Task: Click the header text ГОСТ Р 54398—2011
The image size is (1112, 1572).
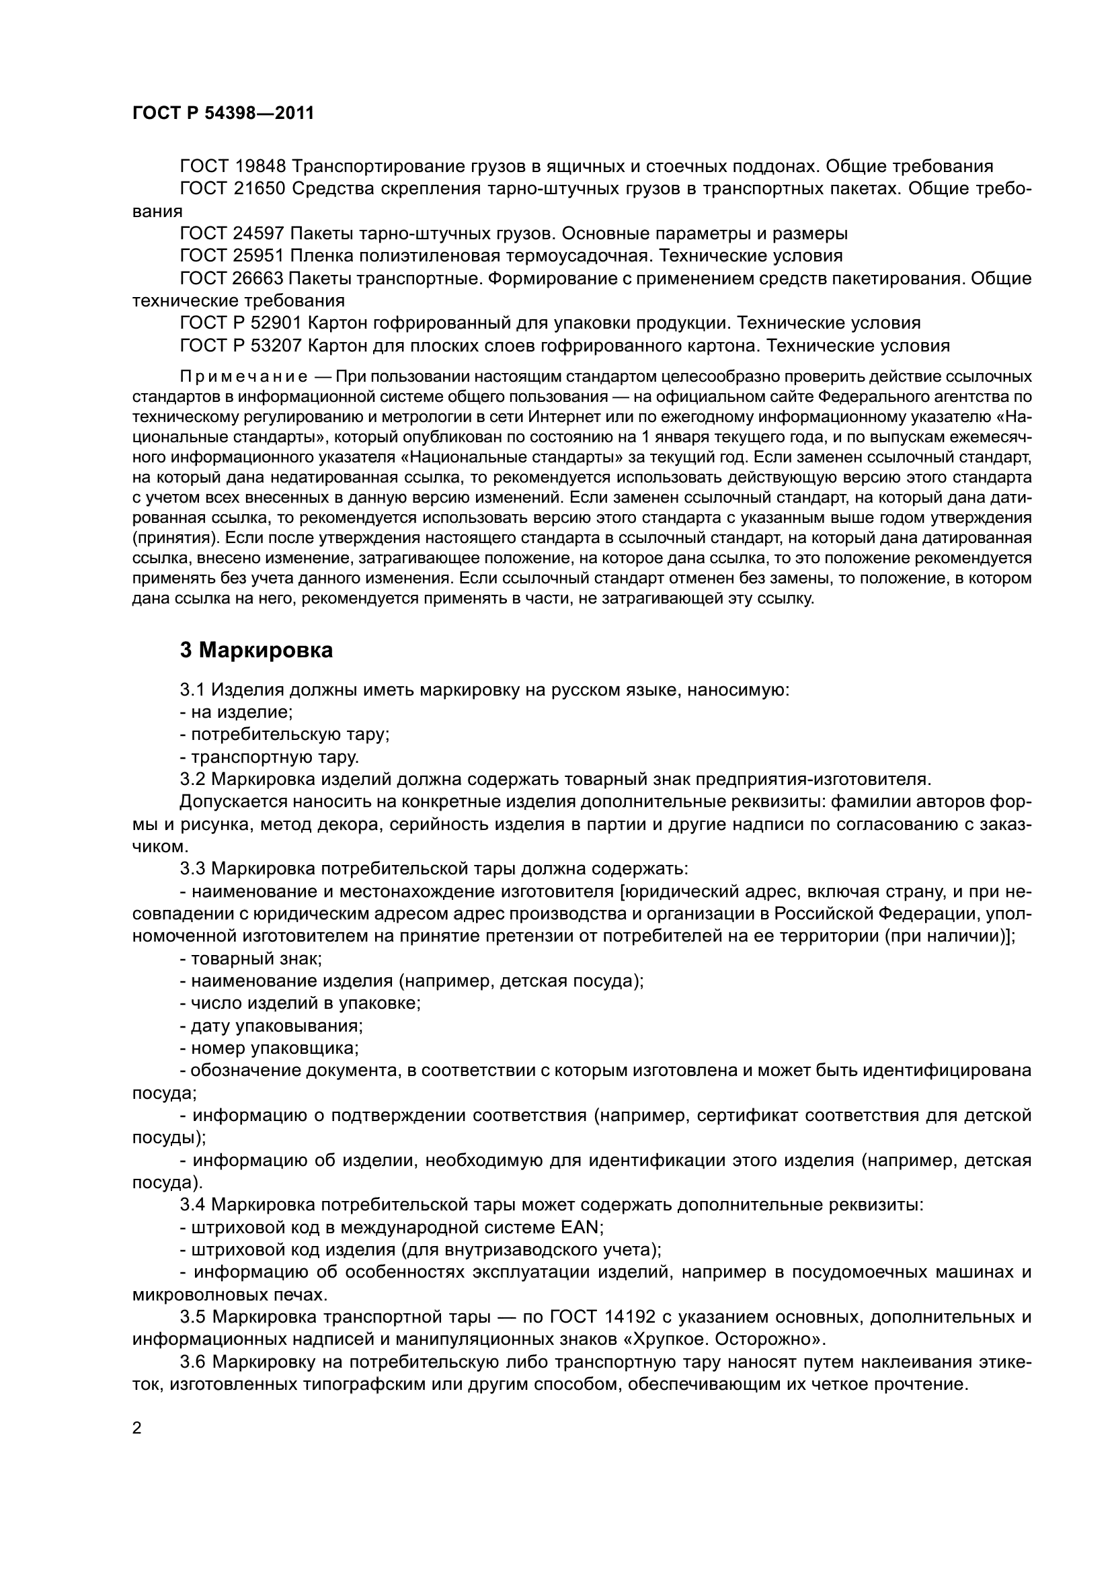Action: coord(223,114)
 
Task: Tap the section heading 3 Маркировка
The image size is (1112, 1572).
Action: coord(256,650)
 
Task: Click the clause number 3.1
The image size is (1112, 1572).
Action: coord(192,690)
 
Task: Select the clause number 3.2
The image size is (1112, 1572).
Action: coord(192,779)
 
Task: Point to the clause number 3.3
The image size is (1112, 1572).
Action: coord(192,869)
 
